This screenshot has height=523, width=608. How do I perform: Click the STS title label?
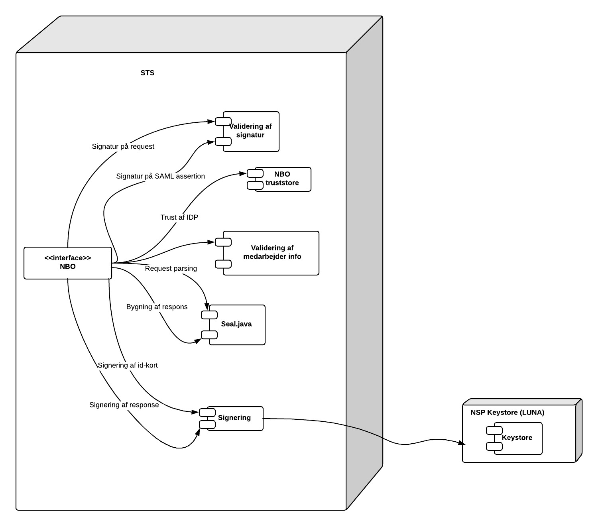(147, 73)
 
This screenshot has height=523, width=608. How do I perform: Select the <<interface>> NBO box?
(67, 263)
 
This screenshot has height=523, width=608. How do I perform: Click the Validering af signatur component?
(251, 131)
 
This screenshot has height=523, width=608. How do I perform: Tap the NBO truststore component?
(282, 179)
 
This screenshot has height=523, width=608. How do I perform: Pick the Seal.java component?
(237, 324)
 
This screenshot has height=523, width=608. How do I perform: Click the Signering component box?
(234, 418)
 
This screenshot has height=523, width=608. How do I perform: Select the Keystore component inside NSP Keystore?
(517, 438)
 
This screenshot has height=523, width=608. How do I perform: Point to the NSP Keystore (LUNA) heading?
(507, 413)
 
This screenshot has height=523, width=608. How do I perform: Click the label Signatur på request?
(123, 147)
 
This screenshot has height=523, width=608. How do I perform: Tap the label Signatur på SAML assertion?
(160, 176)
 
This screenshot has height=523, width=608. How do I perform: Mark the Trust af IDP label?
(179, 218)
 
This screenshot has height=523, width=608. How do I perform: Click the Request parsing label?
(171, 269)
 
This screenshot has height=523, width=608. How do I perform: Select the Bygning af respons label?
(157, 307)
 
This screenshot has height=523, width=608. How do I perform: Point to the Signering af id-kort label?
(128, 366)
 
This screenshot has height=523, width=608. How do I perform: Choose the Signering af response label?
(124, 405)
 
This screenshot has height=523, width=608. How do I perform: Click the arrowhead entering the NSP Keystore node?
(462, 443)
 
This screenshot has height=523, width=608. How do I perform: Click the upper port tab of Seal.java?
(209, 315)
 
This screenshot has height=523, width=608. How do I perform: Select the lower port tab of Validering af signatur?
(223, 142)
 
